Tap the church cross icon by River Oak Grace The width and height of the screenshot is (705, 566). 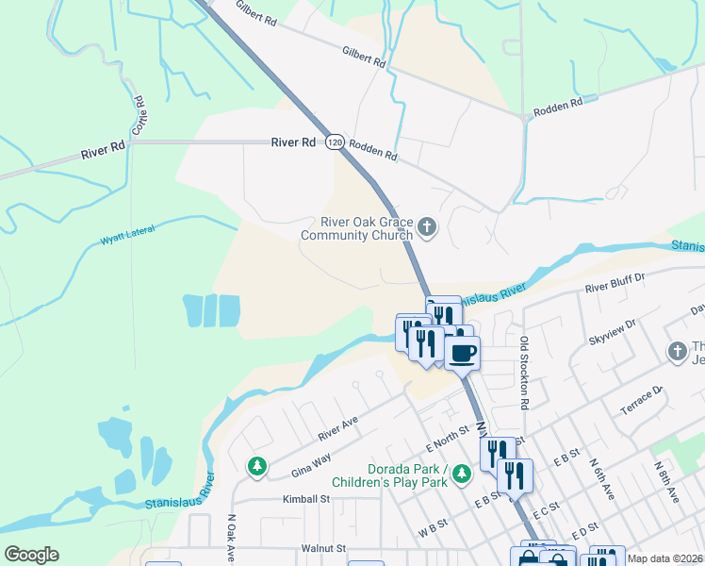click(427, 227)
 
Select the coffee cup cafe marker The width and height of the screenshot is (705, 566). click(462, 354)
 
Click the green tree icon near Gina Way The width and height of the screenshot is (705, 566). click(256, 466)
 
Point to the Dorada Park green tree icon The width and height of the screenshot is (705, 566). click(461, 473)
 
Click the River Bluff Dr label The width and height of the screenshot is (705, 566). click(614, 281)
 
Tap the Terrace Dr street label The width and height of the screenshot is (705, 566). click(642, 401)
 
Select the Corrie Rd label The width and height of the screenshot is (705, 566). click(138, 114)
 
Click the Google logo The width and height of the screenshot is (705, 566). click(32, 555)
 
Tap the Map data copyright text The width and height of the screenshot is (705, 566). click(665, 558)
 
